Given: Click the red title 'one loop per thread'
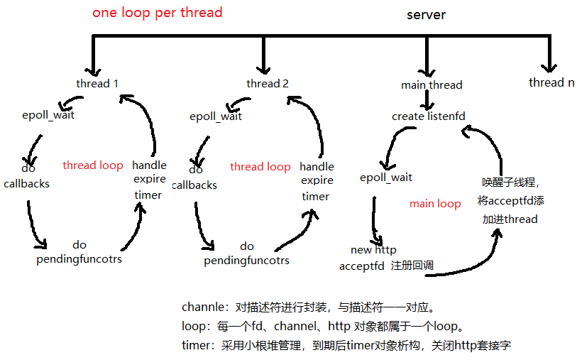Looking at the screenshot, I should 157,13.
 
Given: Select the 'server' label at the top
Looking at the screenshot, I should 426,15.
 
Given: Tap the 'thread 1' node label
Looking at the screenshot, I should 97,84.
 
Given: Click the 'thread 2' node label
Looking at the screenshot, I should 268,84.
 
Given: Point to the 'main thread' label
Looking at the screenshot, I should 432,85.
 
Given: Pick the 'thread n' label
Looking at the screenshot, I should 551,82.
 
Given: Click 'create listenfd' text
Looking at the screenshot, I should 429,116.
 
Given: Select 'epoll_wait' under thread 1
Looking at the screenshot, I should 48,114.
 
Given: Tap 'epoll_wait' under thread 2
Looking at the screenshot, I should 216,116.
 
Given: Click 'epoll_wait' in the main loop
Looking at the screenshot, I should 386,178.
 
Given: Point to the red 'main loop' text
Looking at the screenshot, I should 435,204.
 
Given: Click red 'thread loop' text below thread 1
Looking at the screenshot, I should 93,165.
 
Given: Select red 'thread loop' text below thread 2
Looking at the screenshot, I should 260,167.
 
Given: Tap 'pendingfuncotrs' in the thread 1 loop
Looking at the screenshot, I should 79,259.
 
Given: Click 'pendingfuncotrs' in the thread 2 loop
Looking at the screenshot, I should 246,261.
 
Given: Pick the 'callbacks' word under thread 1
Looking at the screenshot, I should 26,183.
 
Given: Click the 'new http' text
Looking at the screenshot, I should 373,250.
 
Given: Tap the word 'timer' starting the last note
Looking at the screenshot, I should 196,346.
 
